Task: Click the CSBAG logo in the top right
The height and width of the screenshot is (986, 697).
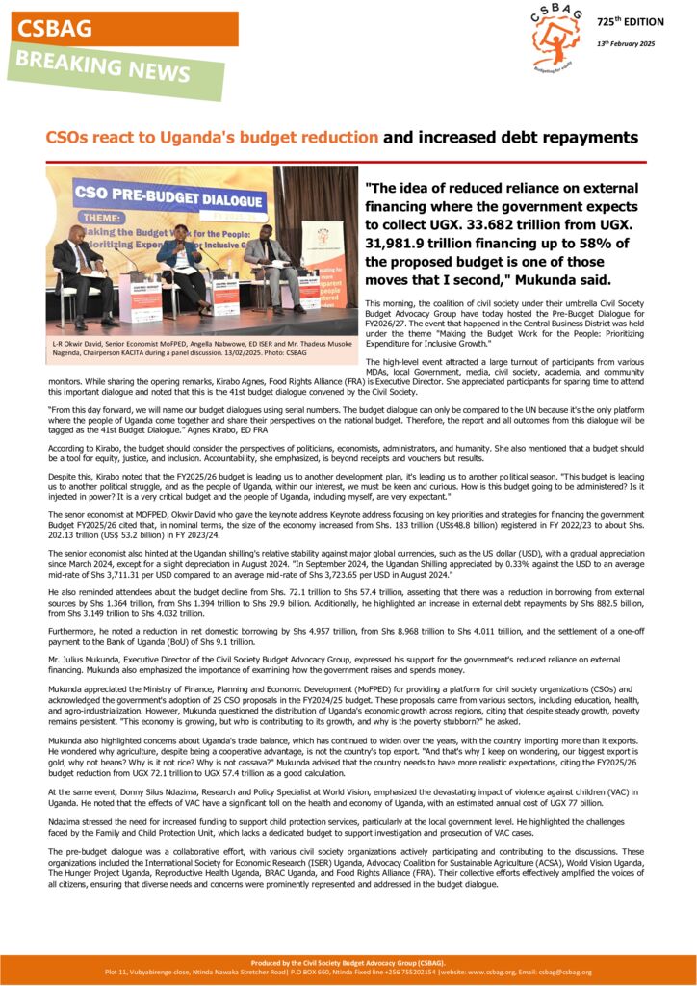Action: [557, 38]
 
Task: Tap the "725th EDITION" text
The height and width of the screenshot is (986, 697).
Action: [630, 21]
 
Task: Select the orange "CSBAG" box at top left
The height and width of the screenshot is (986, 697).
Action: [124, 29]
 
